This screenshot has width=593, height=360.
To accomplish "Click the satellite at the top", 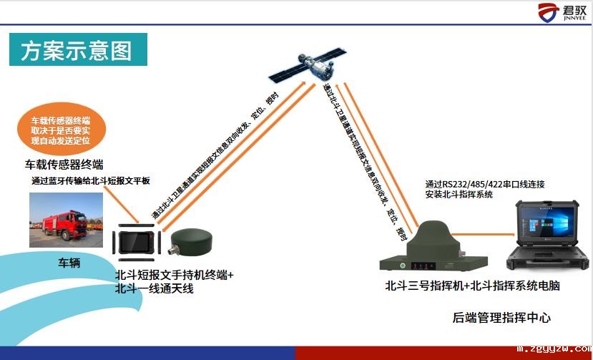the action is coord(308,65).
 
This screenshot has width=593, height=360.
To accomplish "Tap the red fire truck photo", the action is coord(67,220).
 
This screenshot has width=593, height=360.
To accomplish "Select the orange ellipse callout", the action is coord(62,129).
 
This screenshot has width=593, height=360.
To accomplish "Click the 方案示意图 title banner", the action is coord(78,49).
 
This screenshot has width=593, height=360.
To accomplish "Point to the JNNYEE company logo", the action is coord(562,12).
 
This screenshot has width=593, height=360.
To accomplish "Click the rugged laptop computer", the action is coord(548,235).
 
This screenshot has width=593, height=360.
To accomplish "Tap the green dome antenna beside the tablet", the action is coord(192,240).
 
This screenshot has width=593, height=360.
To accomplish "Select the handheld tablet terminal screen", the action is coord(137,243).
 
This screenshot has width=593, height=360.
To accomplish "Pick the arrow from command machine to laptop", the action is coord(484,235).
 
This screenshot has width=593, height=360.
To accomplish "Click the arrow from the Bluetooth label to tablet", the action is coord(122,205).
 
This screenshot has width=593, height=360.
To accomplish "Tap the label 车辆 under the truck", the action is coord(69,263).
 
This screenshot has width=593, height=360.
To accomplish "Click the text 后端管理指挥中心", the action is coord(501,317).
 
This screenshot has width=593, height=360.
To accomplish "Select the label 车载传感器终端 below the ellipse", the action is coord(64,165).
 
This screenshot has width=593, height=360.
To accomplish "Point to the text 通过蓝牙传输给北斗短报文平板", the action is coord(91,180).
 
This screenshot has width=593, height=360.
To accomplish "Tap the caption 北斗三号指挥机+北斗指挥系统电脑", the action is coord(472,285).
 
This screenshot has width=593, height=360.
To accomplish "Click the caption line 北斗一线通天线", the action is coord(155,288).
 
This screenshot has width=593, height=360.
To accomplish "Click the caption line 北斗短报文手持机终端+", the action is coord(175,275).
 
